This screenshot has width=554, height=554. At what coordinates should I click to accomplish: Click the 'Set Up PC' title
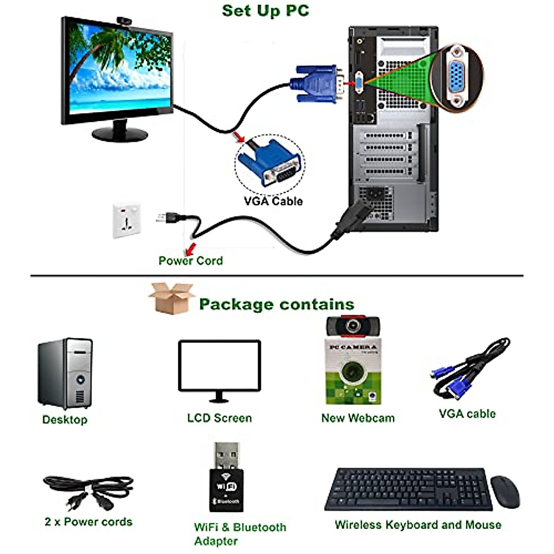(x=265, y=10)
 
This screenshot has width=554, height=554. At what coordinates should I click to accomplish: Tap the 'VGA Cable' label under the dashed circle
(x=273, y=201)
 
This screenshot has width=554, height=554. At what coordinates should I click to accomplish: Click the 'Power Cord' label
(x=190, y=261)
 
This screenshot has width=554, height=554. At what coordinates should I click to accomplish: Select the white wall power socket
(x=126, y=220)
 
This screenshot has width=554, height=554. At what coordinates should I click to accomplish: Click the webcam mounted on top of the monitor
(x=123, y=21)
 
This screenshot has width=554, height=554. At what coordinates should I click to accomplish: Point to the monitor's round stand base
(x=120, y=134)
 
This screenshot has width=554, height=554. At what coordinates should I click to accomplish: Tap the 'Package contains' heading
(x=277, y=304)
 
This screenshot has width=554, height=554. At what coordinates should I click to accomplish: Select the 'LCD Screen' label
(x=219, y=418)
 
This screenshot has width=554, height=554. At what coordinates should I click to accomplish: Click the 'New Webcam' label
(x=358, y=418)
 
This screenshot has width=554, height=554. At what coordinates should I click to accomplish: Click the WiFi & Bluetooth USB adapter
(x=227, y=478)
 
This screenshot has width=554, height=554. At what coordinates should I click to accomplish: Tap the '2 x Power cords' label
(x=88, y=522)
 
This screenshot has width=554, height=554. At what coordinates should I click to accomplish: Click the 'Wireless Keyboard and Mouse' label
(x=418, y=525)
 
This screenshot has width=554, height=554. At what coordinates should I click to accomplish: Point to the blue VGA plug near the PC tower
(x=318, y=83)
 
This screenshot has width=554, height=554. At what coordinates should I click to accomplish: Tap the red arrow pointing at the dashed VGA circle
(x=239, y=137)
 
